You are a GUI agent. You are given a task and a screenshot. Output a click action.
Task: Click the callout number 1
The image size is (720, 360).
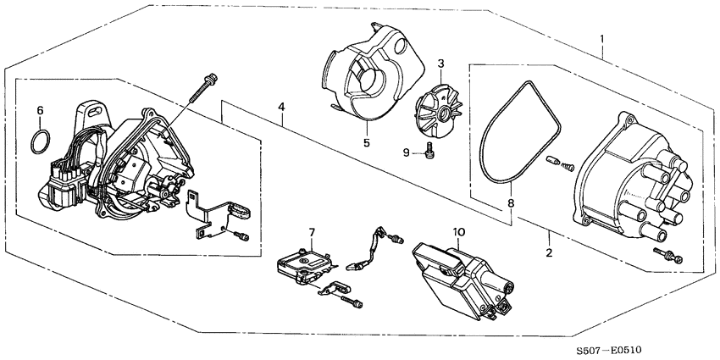pyautogui.click(x=602, y=40)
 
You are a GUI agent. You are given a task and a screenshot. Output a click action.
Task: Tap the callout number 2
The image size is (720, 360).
pyautogui.click(x=549, y=253)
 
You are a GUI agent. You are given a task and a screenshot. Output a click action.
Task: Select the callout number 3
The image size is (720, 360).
pyautogui.click(x=440, y=64)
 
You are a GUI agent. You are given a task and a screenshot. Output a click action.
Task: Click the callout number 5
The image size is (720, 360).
pyautogui.click(x=367, y=143)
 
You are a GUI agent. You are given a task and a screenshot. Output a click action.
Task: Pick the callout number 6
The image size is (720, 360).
pyautogui.click(x=39, y=110)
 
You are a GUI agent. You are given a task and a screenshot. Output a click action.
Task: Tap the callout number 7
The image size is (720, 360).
pyautogui.click(x=312, y=232)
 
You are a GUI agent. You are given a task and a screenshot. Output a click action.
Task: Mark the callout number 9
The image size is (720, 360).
pyautogui.click(x=406, y=152)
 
